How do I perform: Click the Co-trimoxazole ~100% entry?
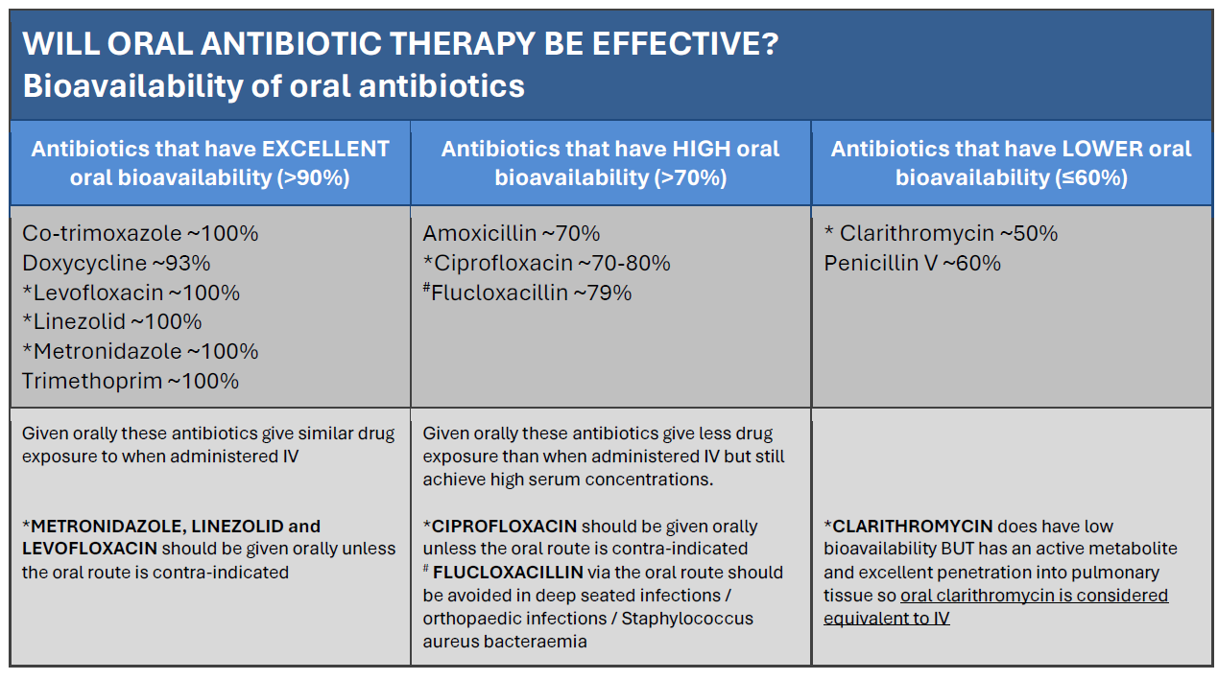[x=140, y=234]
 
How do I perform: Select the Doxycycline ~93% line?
[x=116, y=264]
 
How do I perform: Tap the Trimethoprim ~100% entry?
[x=131, y=382]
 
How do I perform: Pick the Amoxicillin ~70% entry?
[x=512, y=234]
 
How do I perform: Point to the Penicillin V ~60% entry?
[x=912, y=264]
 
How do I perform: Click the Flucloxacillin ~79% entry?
[x=528, y=293]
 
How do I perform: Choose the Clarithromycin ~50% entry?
[x=941, y=234]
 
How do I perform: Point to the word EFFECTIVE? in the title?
[x=685, y=43]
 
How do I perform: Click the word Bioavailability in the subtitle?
[x=132, y=85]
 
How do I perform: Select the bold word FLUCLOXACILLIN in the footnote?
[x=508, y=573]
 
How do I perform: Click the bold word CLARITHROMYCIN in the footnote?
[x=913, y=527]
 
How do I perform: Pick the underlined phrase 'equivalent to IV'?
[x=886, y=619]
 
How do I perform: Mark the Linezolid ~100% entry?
[x=112, y=322]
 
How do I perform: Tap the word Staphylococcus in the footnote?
[x=687, y=619]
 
